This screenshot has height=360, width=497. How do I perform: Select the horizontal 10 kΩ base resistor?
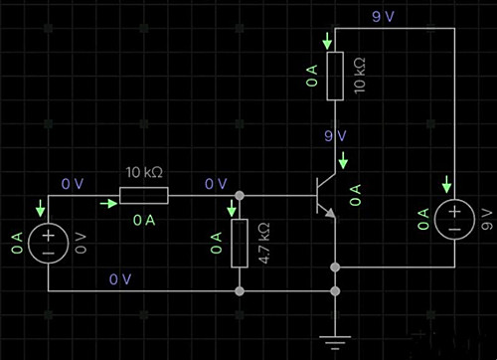tap(144, 195)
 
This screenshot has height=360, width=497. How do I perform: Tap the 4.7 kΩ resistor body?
tap(240, 243)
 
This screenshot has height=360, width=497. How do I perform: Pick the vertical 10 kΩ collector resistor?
tap(335, 76)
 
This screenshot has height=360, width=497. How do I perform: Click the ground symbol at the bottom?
tap(335, 342)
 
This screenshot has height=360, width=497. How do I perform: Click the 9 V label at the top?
tap(383, 17)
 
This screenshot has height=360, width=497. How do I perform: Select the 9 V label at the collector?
tap(335, 135)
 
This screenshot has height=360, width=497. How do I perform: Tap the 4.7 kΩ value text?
tap(264, 243)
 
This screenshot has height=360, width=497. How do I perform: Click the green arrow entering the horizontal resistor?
tap(108, 203)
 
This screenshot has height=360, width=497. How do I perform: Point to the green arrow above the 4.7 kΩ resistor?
tap(232, 208)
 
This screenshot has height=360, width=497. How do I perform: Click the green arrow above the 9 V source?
tap(447, 184)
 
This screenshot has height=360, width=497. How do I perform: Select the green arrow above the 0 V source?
tap(41, 208)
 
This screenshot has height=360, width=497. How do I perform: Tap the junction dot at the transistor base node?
tap(240, 195)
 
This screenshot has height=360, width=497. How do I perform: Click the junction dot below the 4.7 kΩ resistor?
tap(240, 291)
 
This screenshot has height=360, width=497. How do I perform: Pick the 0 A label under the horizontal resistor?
tap(144, 220)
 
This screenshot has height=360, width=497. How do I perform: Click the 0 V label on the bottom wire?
tap(120, 279)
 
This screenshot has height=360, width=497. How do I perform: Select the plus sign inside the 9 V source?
tap(454, 212)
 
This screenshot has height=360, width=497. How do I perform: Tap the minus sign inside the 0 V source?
tap(49, 254)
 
